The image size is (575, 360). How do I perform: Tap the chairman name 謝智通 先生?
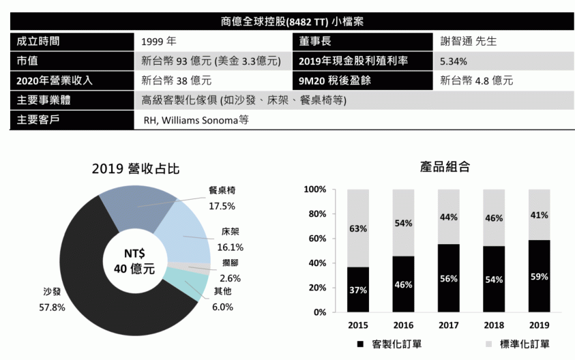click(469, 41)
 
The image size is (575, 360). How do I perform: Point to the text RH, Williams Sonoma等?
click(196, 121)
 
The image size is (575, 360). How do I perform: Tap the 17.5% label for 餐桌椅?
click(222, 205)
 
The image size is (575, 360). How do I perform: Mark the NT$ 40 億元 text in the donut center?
click(134, 261)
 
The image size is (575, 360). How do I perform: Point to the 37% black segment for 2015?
click(359, 290)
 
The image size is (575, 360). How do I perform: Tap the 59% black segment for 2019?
click(539, 276)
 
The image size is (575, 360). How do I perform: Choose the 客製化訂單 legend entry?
click(389, 344)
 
